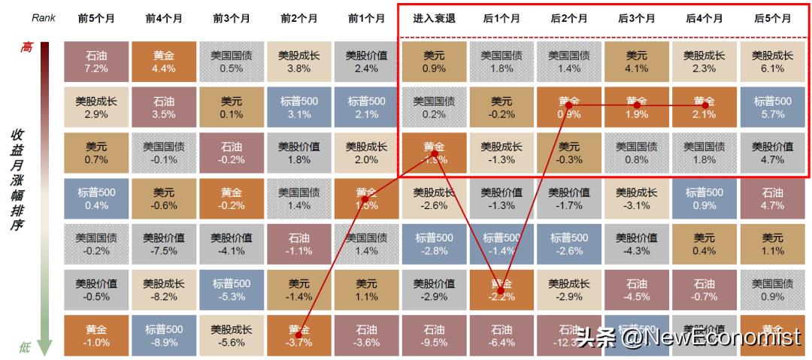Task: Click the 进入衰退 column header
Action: tap(433, 19)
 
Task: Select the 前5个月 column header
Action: tap(95, 19)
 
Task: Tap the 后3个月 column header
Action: tap(636, 19)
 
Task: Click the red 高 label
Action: tap(26, 47)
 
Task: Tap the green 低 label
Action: tap(26, 347)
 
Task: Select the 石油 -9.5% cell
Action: tap(434, 335)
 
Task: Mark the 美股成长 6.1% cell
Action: tap(772, 62)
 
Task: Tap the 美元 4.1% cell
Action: tap(636, 62)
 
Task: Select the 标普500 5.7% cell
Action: tap(772, 107)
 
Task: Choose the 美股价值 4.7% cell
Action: tap(772, 153)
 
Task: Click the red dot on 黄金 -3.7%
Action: tap(298, 333)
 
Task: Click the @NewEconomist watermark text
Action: tap(710, 337)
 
